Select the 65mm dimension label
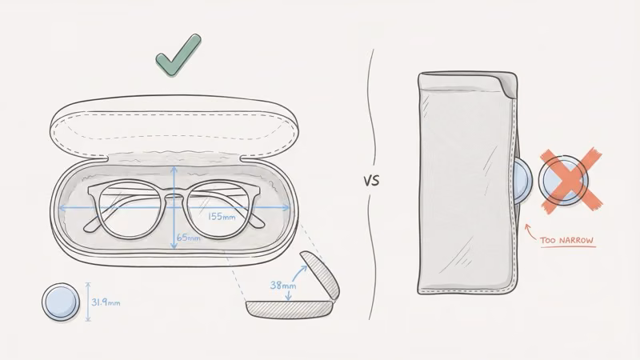click(188, 238)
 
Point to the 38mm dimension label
click(283, 285)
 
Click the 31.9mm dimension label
click(106, 302)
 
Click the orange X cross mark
click(570, 181)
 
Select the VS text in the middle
click(371, 181)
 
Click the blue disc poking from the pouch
click(523, 180)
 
